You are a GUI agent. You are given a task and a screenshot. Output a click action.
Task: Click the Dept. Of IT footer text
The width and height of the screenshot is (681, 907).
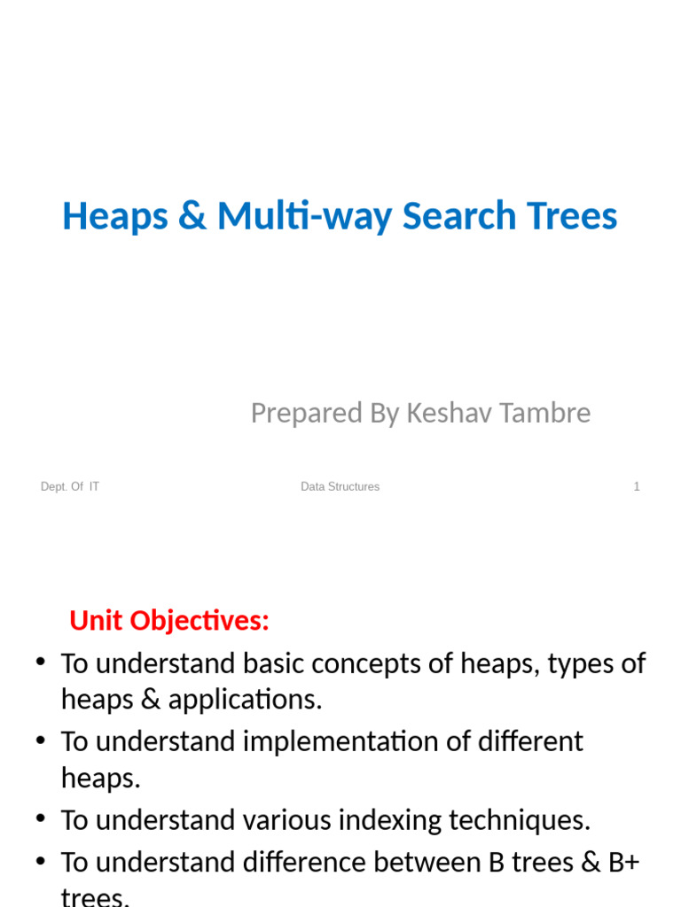click(x=70, y=486)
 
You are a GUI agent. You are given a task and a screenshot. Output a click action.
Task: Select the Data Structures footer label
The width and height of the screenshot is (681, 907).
click(x=340, y=486)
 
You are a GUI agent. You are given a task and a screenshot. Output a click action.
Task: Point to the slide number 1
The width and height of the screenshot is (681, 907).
click(x=637, y=486)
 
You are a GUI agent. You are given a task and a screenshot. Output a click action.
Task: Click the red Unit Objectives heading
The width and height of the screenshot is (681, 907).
click(x=168, y=622)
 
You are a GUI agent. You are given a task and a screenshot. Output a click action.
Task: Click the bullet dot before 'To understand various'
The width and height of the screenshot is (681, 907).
click(x=41, y=820)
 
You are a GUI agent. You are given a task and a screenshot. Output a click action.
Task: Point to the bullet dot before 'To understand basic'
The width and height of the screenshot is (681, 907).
click(x=41, y=664)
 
